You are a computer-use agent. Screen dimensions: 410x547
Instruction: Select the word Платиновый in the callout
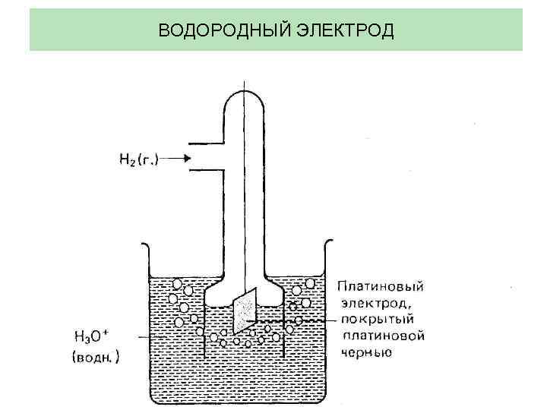pos(380,286)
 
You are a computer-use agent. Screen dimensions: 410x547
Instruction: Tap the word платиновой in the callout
pos(383,336)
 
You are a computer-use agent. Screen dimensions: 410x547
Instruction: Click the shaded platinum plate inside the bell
pos(245,311)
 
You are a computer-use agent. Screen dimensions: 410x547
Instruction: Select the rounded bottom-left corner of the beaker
pos(156,396)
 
